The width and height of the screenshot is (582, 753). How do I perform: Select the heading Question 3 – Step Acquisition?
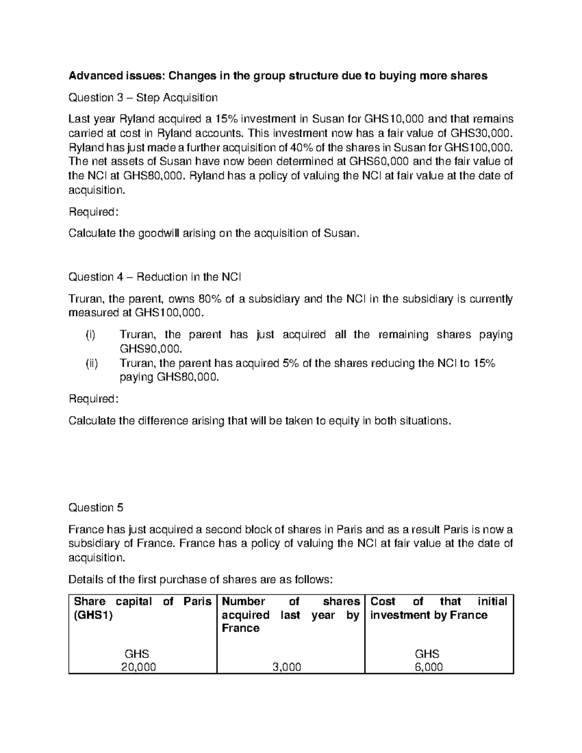click(x=143, y=98)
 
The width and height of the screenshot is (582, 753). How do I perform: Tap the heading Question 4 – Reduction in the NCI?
click(x=155, y=277)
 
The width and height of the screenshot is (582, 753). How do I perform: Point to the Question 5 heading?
click(x=96, y=508)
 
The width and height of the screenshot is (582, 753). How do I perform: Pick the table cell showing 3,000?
click(x=287, y=667)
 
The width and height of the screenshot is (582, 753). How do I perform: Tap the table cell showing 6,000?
click(x=428, y=667)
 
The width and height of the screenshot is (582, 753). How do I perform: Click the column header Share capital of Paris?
click(x=142, y=608)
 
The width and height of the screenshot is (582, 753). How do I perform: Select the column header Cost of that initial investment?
click(x=438, y=608)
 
